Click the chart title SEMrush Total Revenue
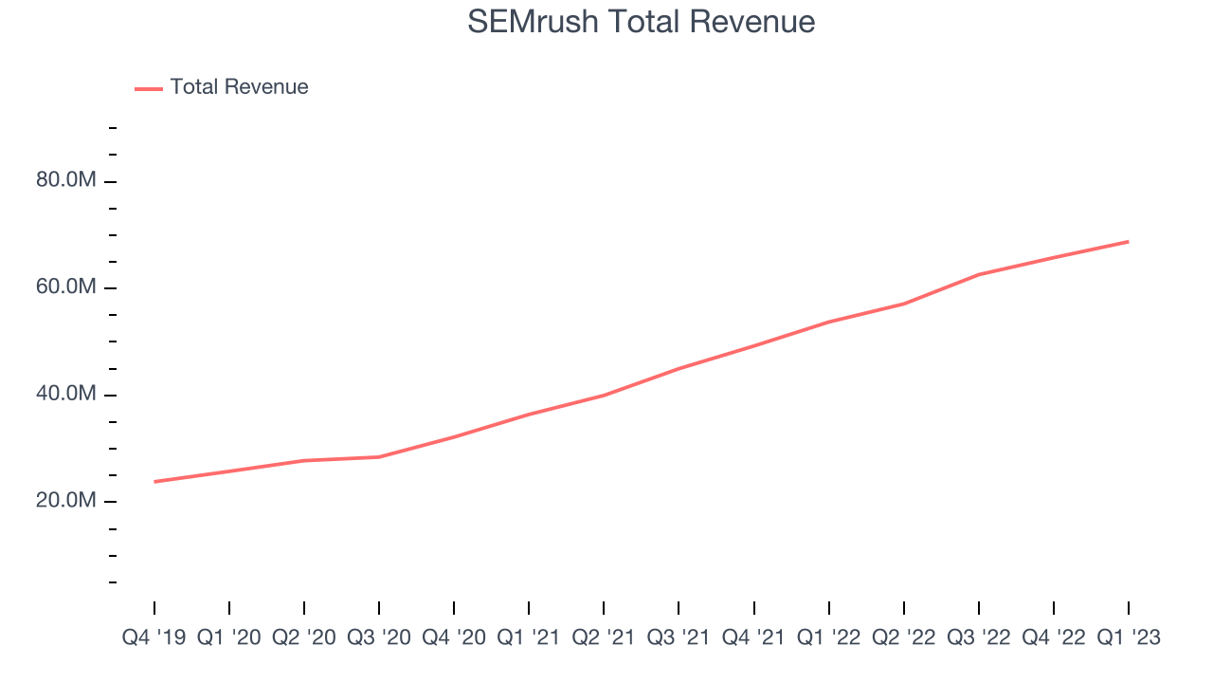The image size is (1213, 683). tap(641, 22)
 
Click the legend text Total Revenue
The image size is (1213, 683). tap(239, 87)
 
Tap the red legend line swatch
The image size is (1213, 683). tap(149, 88)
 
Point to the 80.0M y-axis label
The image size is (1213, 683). tap(65, 180)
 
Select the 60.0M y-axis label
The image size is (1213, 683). tap(65, 287)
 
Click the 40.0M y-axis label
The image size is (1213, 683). tap(65, 394)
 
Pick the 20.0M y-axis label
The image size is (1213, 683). tap(65, 501)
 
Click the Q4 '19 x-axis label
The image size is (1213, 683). tap(154, 637)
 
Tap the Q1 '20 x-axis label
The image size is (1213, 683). tap(229, 637)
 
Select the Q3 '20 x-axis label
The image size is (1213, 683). tap(379, 637)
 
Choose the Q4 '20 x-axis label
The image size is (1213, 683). tap(454, 637)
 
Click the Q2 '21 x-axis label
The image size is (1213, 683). tap(604, 637)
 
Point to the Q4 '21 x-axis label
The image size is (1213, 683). tap(753, 637)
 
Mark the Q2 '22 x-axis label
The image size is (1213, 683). tap(903, 637)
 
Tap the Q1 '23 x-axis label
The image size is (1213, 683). tap(1128, 637)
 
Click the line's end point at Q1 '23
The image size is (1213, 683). tap(1128, 242)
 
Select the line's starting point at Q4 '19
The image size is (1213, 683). tap(154, 482)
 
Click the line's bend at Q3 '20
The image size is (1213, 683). tap(379, 457)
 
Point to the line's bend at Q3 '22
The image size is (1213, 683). tap(978, 275)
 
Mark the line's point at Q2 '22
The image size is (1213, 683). tap(903, 305)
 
